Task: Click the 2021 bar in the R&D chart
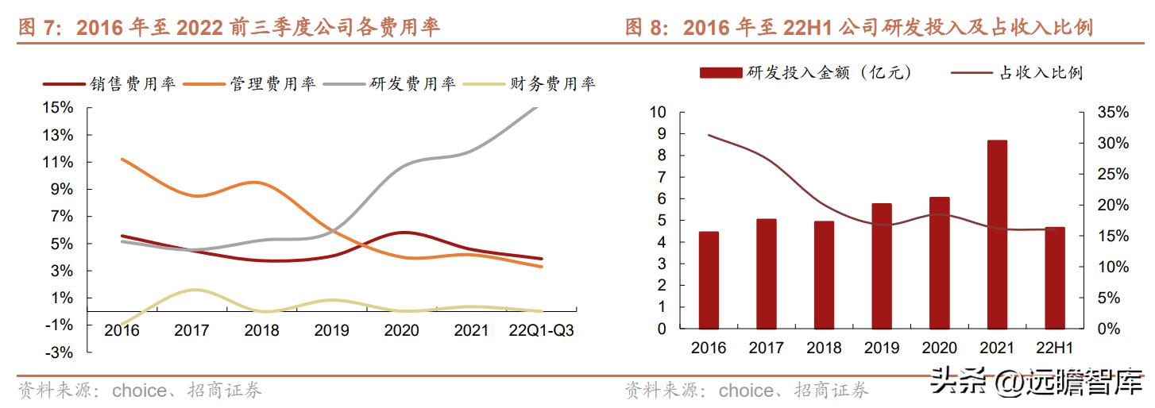(x=997, y=234)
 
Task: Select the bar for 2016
(x=709, y=280)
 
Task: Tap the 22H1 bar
(x=1055, y=278)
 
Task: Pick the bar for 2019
(x=882, y=266)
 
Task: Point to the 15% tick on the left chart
(x=57, y=108)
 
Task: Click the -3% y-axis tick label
(x=57, y=352)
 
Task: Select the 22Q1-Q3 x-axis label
(x=541, y=330)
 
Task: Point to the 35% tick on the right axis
(x=1112, y=113)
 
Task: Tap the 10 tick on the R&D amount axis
(x=657, y=113)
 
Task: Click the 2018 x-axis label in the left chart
(x=261, y=330)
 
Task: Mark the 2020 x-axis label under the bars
(x=940, y=348)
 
